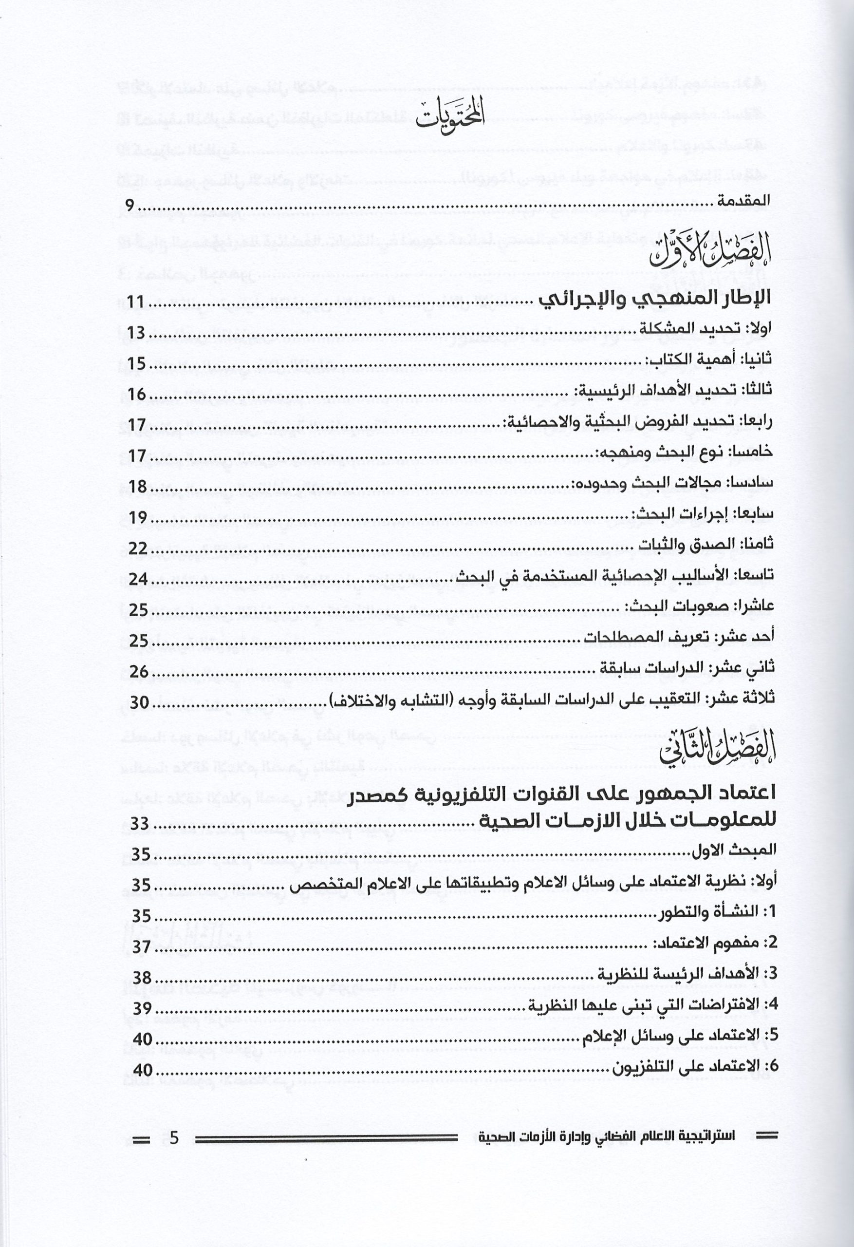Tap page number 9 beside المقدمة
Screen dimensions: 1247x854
pyautogui.click(x=130, y=206)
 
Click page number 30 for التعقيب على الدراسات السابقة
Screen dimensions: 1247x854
pyautogui.click(x=140, y=701)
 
